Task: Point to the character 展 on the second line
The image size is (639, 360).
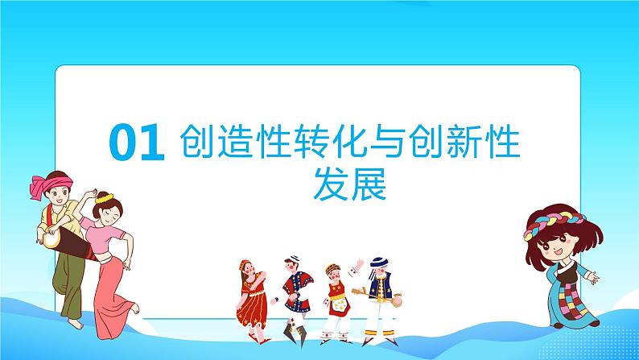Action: point(371,184)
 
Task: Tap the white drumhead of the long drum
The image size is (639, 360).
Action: point(50,238)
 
